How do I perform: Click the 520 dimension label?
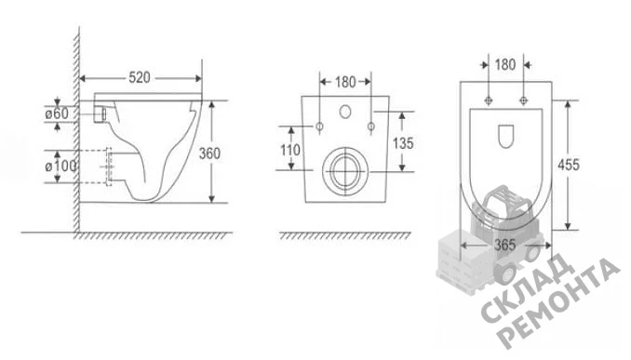140,77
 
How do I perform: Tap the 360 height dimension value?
209,153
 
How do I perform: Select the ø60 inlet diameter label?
57,113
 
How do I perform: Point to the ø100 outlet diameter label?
60,166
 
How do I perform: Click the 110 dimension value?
290,150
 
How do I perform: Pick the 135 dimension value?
403,143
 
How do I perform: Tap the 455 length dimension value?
569,165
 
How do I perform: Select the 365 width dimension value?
504,245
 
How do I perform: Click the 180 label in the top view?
505,65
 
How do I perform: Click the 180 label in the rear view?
345,82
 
